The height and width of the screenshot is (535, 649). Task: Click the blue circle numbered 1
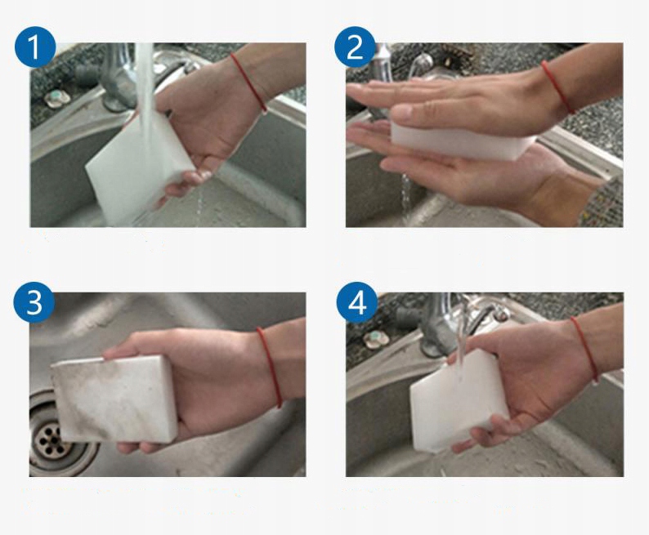(x=35, y=47)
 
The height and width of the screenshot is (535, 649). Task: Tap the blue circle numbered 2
(x=355, y=47)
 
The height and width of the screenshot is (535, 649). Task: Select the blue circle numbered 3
(x=34, y=302)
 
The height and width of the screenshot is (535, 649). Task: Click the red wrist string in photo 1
(x=248, y=82)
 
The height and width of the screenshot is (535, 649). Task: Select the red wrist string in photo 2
(x=557, y=86)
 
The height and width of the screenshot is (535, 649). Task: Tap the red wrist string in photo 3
(x=270, y=366)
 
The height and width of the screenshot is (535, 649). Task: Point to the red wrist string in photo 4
(x=584, y=350)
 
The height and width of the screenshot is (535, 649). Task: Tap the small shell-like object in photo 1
(x=57, y=98)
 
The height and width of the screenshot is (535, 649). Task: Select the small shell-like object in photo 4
(x=376, y=338)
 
